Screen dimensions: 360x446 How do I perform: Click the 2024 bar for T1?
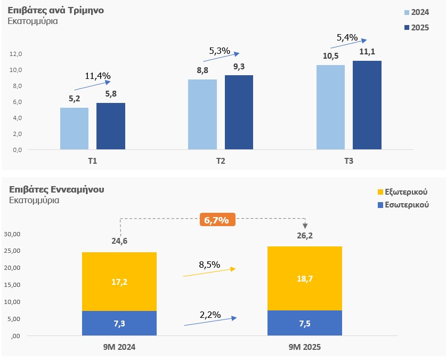74,129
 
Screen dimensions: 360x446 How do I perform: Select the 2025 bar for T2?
239,112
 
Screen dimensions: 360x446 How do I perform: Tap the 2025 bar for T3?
367,105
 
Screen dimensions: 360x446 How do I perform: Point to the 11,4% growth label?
98,76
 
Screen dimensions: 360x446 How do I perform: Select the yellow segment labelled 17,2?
119,281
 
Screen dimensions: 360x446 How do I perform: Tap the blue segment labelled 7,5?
305,323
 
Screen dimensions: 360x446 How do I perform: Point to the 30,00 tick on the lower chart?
12,234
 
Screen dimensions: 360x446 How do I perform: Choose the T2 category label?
221,161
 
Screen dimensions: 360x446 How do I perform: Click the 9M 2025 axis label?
305,347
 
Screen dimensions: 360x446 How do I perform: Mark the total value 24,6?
119,241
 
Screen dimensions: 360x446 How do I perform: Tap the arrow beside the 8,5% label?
209,272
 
